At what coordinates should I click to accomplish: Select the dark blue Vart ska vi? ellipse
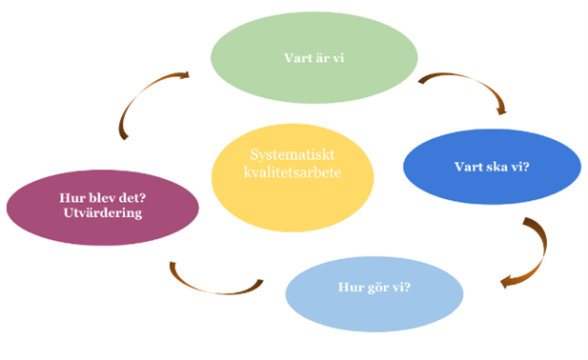click(x=492, y=168)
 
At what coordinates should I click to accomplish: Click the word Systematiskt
click(x=288, y=155)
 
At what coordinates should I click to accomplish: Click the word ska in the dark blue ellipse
click(x=491, y=169)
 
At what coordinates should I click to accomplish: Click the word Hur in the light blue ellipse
click(x=349, y=289)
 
